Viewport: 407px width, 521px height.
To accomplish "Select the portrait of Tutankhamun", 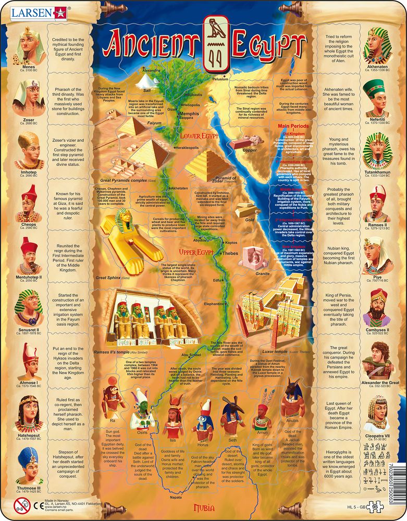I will [x=378, y=148].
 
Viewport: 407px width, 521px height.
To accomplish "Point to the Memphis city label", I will [x=189, y=113].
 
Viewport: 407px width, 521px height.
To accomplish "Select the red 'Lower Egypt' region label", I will [x=199, y=137].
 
